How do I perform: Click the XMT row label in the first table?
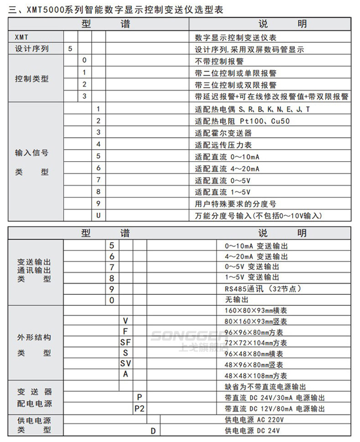[21, 37]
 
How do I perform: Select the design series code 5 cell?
[70, 49]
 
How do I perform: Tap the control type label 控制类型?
[31, 79]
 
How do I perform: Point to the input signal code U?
[98, 215]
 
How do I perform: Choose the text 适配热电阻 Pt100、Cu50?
[242, 121]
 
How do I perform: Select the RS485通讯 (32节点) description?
[257, 289]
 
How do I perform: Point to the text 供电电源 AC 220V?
[254, 420]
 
